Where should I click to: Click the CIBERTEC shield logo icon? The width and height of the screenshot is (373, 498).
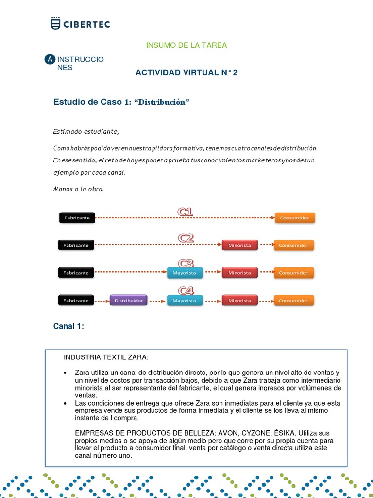[x=56, y=23]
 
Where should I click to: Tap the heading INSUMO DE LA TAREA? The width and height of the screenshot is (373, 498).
[x=186, y=45]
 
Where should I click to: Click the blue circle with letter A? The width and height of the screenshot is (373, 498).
[x=50, y=59]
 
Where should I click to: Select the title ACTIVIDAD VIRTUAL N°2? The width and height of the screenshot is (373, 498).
[x=186, y=73]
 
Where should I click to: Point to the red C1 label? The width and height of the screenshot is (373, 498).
[x=186, y=212]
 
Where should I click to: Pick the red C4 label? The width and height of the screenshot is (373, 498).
[x=186, y=291]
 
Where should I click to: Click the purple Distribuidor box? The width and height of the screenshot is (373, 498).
[x=128, y=301]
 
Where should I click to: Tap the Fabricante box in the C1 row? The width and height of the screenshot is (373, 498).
[x=77, y=218]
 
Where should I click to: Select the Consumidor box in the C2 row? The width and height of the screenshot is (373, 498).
[x=293, y=245]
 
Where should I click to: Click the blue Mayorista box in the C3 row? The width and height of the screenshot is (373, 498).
[x=185, y=273]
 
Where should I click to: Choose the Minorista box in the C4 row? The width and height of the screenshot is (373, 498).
[x=239, y=301]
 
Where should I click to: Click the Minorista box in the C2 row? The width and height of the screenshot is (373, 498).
[x=239, y=245]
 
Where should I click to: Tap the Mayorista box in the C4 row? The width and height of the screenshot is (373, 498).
[x=185, y=301]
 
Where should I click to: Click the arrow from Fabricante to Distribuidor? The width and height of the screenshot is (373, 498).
[x=102, y=301]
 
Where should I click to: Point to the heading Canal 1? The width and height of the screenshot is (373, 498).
[x=68, y=326]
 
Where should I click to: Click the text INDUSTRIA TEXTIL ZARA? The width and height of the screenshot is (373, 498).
[x=106, y=357]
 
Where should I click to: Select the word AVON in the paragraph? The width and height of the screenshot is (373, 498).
[x=228, y=433]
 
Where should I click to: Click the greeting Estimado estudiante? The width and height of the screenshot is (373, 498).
[x=85, y=132]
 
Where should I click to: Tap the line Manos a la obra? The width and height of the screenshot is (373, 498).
[x=78, y=189]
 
